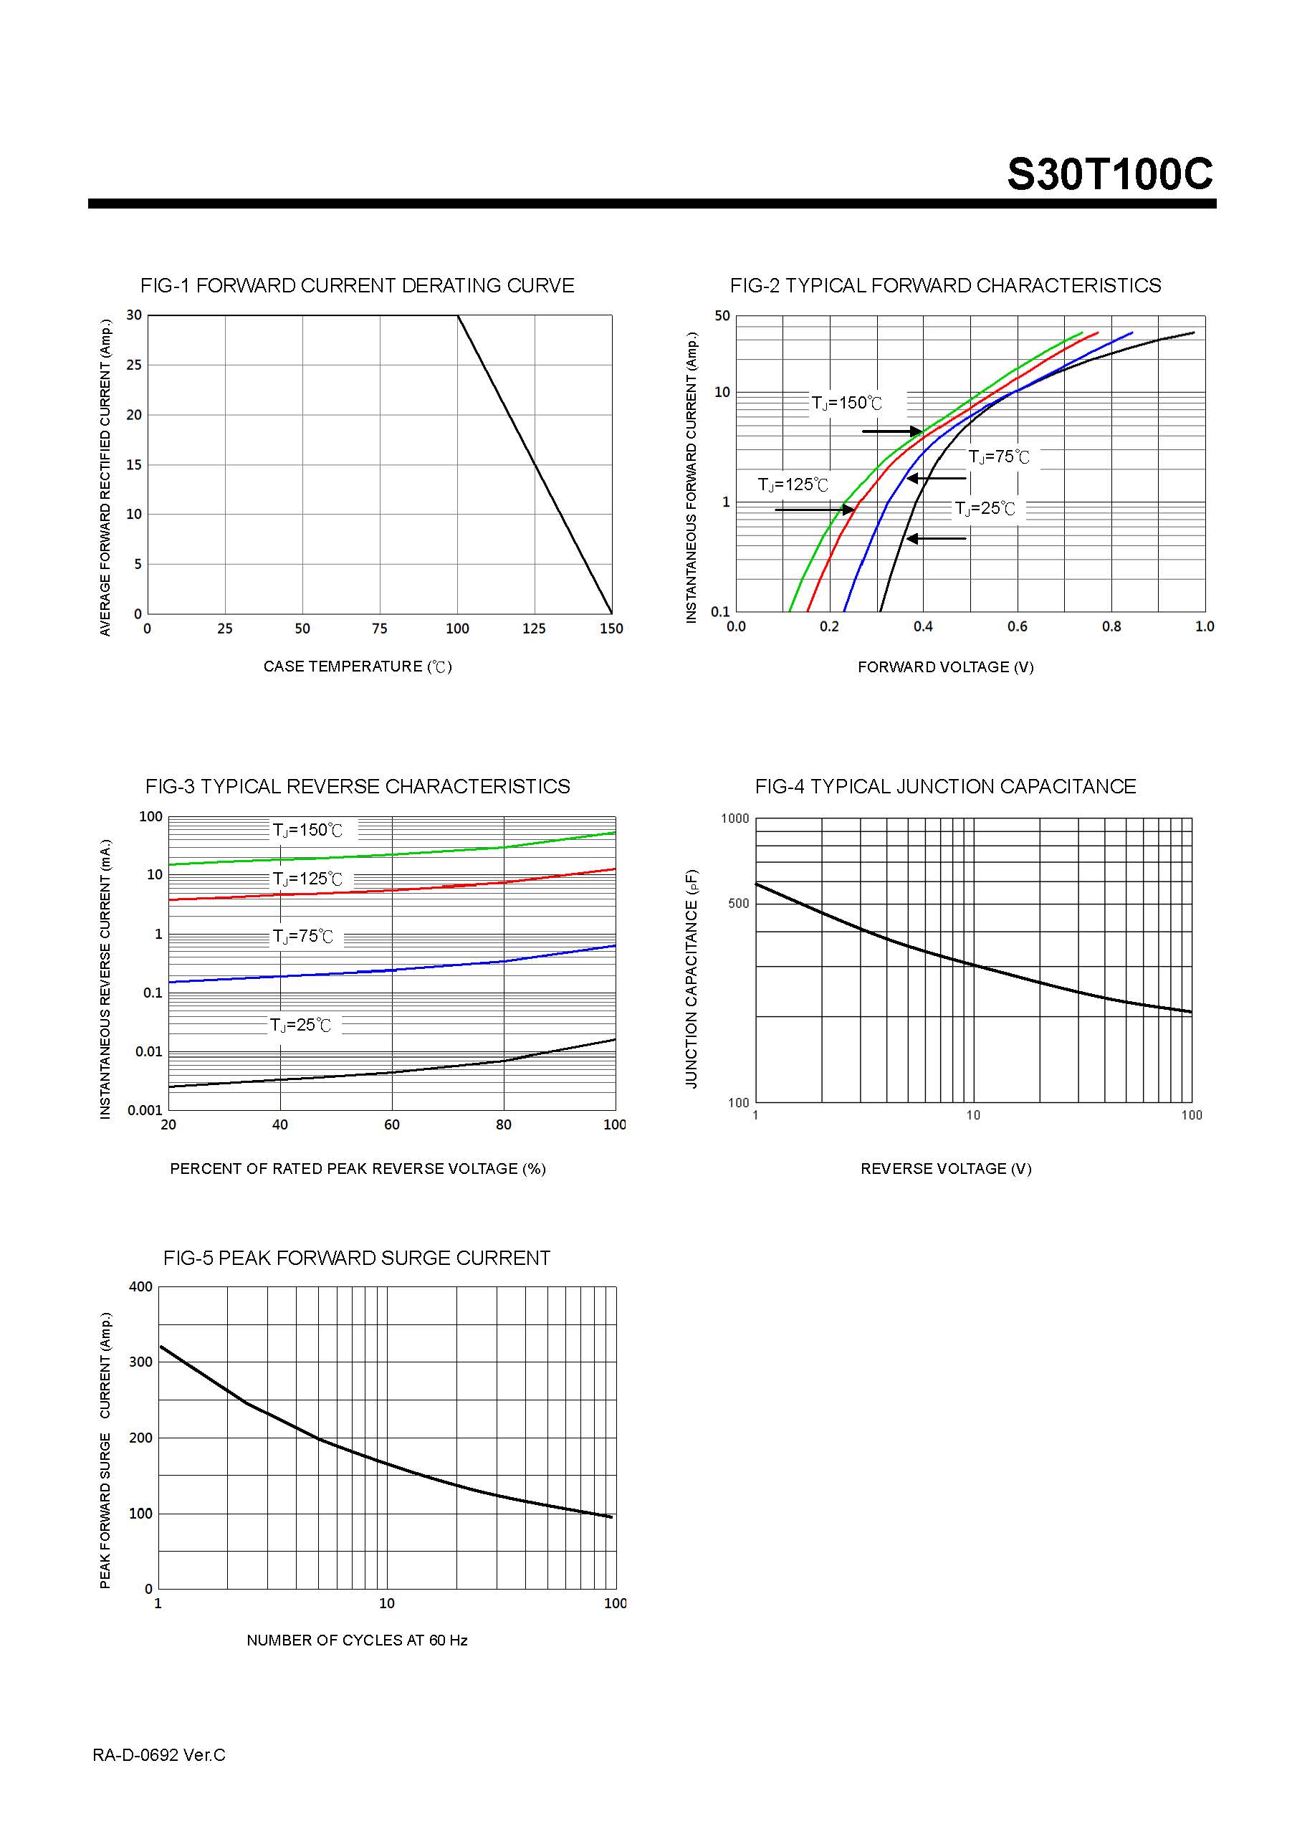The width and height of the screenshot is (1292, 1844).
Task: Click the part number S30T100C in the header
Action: click(x=1110, y=174)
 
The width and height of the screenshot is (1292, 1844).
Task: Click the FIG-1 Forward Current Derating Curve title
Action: click(x=358, y=286)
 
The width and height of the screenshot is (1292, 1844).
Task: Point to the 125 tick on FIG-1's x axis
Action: click(x=534, y=629)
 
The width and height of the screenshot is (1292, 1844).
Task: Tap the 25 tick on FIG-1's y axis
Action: click(x=134, y=366)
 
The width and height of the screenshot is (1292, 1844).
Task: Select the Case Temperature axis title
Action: click(x=358, y=667)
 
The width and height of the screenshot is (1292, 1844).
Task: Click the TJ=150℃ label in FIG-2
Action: click(x=846, y=403)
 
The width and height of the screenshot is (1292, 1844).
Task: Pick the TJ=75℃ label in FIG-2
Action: click(x=998, y=457)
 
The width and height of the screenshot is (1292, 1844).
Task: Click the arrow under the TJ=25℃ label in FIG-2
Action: click(x=937, y=538)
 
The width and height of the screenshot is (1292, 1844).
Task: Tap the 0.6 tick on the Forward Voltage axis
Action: click(x=1018, y=626)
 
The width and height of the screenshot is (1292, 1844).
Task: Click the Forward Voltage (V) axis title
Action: click(x=945, y=667)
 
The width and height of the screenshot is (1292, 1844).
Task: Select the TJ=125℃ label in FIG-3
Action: click(x=307, y=879)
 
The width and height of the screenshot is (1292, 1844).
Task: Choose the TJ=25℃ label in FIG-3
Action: click(x=300, y=1026)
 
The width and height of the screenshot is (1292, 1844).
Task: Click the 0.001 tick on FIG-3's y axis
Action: click(x=145, y=1111)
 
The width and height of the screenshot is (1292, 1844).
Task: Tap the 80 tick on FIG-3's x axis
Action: click(x=504, y=1125)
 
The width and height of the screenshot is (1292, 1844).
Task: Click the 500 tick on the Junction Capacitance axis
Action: click(x=738, y=904)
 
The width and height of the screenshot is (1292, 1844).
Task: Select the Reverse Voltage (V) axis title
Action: click(x=945, y=1170)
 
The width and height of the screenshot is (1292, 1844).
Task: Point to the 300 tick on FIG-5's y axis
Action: click(x=140, y=1362)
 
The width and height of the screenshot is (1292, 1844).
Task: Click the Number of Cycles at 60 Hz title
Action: click(x=358, y=1640)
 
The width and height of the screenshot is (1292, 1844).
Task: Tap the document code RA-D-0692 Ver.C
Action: click(x=159, y=1756)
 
